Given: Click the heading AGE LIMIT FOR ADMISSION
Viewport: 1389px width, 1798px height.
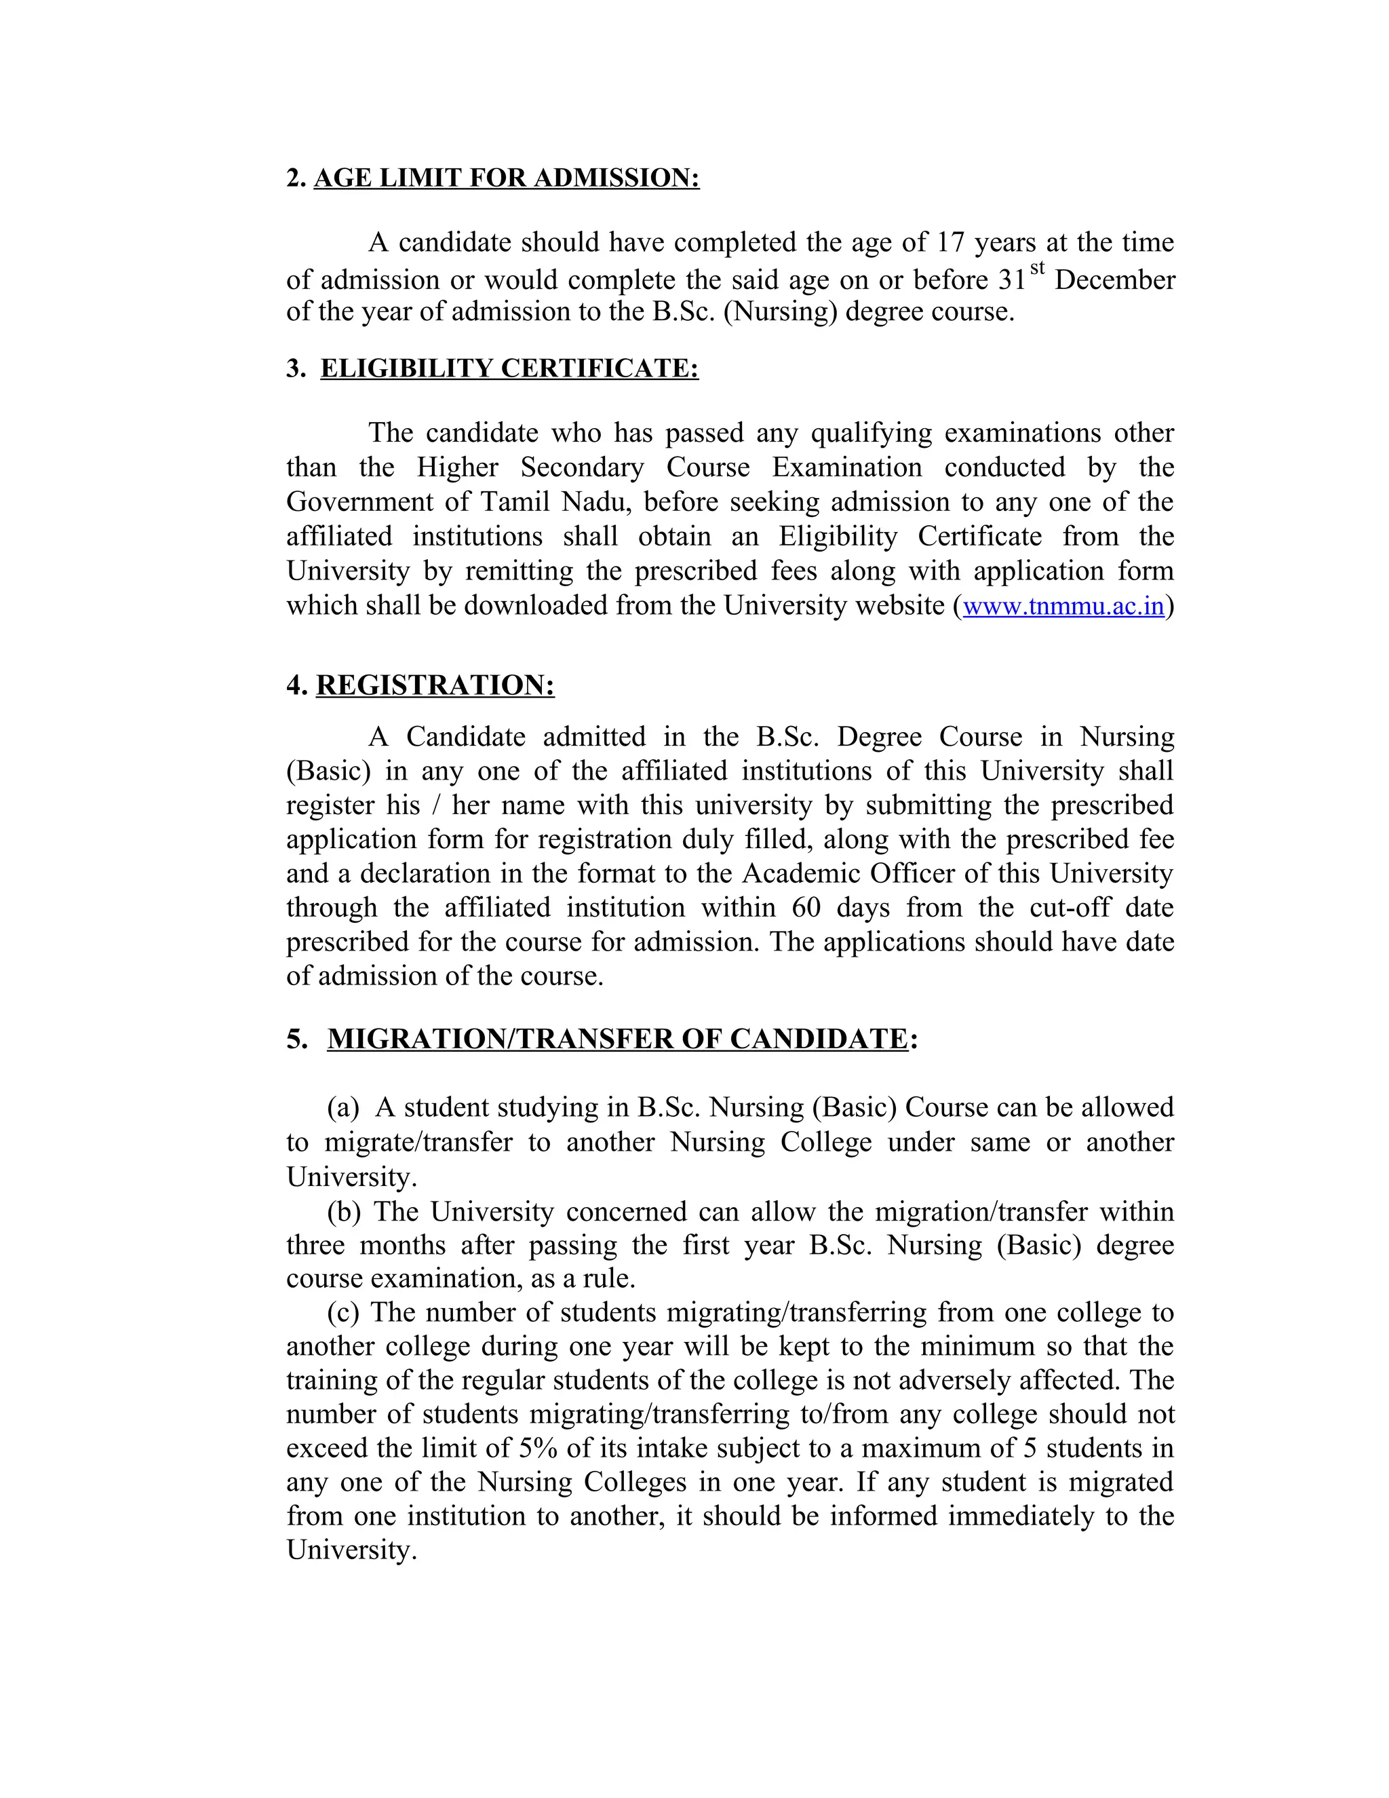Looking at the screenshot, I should (x=506, y=178).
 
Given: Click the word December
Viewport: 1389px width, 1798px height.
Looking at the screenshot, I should (x=1114, y=280).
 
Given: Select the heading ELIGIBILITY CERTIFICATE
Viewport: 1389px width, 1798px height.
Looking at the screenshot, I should (x=509, y=368).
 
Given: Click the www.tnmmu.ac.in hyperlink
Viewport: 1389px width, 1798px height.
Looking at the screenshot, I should (x=1063, y=606).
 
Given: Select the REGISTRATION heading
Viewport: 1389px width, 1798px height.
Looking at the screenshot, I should (x=435, y=685).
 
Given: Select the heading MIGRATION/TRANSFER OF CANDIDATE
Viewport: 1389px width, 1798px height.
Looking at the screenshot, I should (x=617, y=1039).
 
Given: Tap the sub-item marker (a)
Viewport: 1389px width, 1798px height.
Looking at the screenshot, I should (x=343, y=1108).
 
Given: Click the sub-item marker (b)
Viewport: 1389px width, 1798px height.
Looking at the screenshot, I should (x=343, y=1212).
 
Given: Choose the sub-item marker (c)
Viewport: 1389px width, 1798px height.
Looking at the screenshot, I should (x=343, y=1312).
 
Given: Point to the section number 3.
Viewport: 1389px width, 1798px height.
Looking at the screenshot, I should (x=294, y=368).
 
